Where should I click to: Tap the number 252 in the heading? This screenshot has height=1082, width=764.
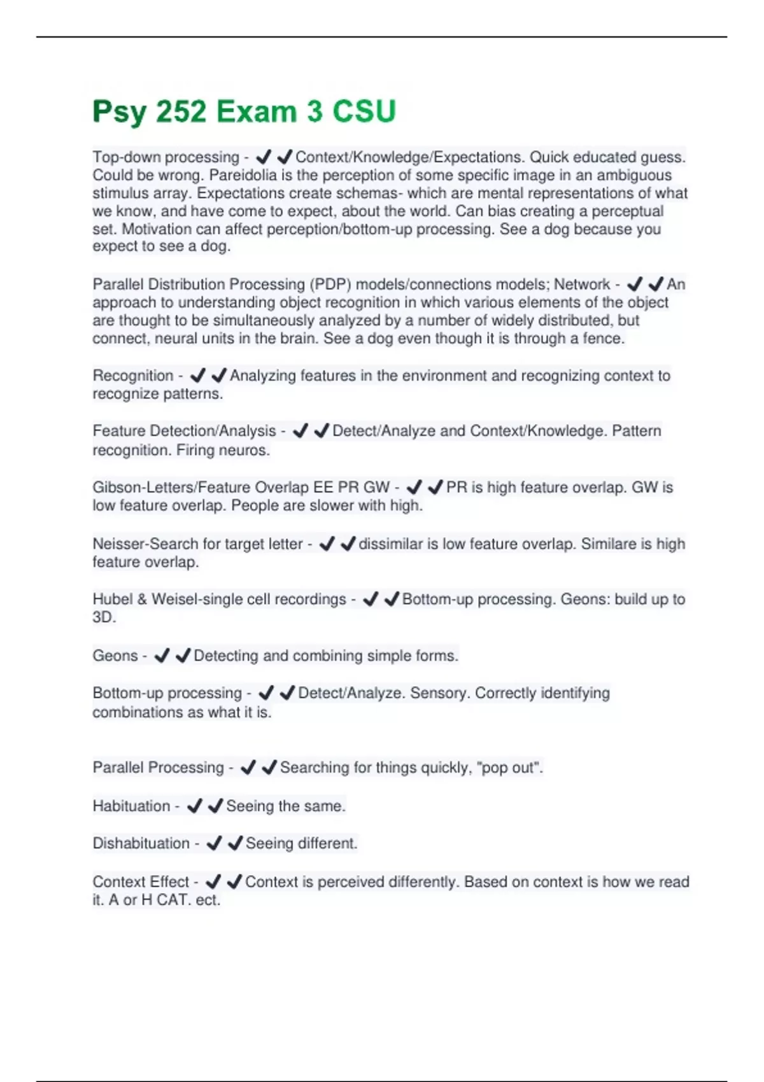[181, 112]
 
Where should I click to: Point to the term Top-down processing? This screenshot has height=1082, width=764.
[166, 157]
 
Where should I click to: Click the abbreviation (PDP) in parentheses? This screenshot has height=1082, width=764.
[330, 285]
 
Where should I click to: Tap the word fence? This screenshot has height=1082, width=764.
[603, 339]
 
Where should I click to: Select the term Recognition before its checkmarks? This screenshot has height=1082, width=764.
[132, 376]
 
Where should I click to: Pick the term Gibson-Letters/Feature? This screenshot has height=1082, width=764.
[171, 488]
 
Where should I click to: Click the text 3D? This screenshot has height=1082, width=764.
[104, 617]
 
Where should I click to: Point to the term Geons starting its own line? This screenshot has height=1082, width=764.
[115, 656]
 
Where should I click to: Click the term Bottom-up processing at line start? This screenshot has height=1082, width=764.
[167, 693]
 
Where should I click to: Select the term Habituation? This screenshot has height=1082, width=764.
[131, 806]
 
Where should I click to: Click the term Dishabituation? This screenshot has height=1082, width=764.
[141, 843]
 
